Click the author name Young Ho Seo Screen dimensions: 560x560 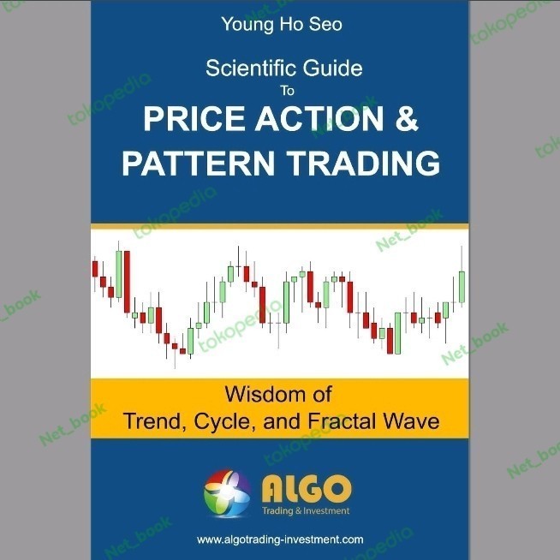pos(281,24)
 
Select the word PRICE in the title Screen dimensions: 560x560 pos(187,120)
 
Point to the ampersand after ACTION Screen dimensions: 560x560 pos(407,120)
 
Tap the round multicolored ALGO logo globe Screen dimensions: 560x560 pos(227,493)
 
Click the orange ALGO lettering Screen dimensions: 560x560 pos(305,488)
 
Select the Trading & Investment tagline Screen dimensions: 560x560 pos(305,511)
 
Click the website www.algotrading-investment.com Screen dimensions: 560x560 pos(280,539)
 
